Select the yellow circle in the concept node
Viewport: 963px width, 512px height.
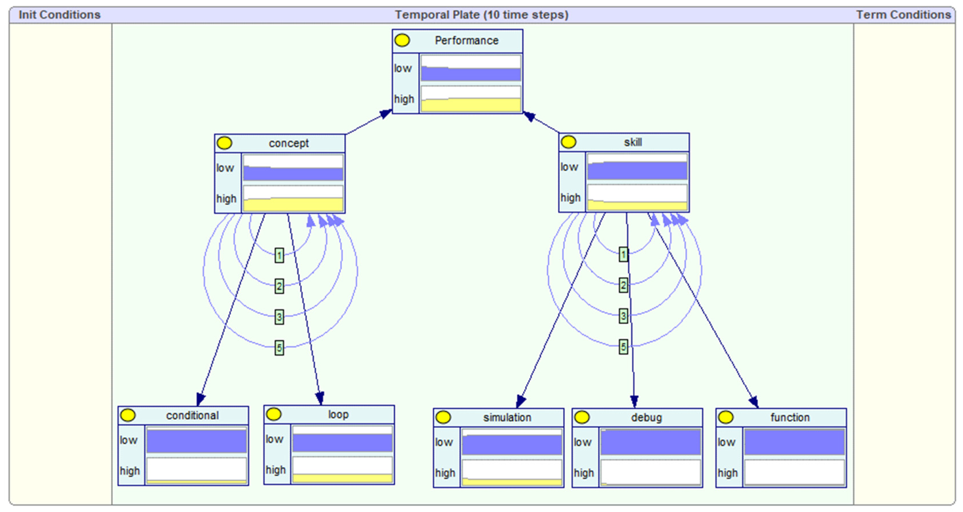tap(224, 143)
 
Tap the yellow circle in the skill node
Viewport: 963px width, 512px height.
tap(568, 142)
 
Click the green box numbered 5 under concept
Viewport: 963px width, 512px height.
tap(279, 348)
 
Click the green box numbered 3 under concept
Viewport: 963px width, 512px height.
tap(279, 317)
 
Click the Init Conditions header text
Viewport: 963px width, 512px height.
tap(60, 15)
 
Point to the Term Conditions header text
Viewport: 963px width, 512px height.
tap(903, 15)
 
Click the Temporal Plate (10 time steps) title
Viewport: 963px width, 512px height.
tap(481, 15)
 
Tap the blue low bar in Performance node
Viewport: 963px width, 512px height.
tap(470, 74)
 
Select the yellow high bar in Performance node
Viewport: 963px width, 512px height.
tap(470, 105)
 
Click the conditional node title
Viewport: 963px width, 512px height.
tap(192, 415)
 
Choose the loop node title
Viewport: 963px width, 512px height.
tap(338, 414)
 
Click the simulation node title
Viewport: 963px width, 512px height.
tap(507, 417)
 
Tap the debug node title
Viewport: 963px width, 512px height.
tap(646, 417)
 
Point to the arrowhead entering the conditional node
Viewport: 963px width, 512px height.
tap(201, 400)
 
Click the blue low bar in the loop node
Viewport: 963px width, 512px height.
tap(342, 443)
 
